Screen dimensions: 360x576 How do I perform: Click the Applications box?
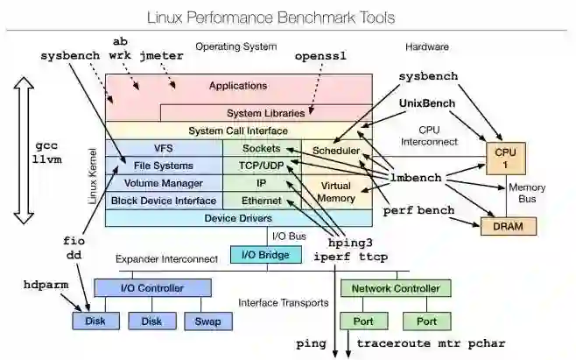238,86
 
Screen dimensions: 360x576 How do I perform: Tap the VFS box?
163,148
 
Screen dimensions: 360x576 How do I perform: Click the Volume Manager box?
163,183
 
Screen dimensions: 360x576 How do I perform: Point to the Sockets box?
262,148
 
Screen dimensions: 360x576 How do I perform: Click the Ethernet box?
262,200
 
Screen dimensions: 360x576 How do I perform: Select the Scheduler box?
336,151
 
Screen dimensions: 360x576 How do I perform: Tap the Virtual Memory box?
336,192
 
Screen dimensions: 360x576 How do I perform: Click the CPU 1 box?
506,159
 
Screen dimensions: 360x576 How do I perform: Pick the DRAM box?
506,226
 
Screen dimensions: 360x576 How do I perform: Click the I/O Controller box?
152,288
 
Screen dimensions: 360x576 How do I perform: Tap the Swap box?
207,321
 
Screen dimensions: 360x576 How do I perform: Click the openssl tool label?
320,55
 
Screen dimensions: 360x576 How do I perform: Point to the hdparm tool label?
46,285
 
